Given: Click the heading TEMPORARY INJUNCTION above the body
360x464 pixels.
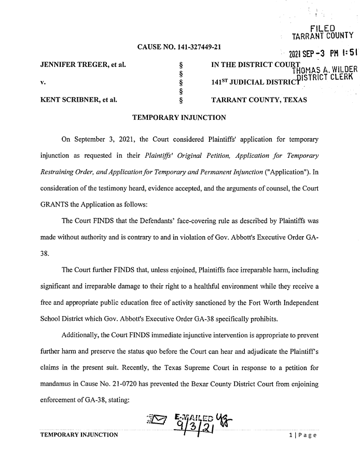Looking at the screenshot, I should coord(179,118).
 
